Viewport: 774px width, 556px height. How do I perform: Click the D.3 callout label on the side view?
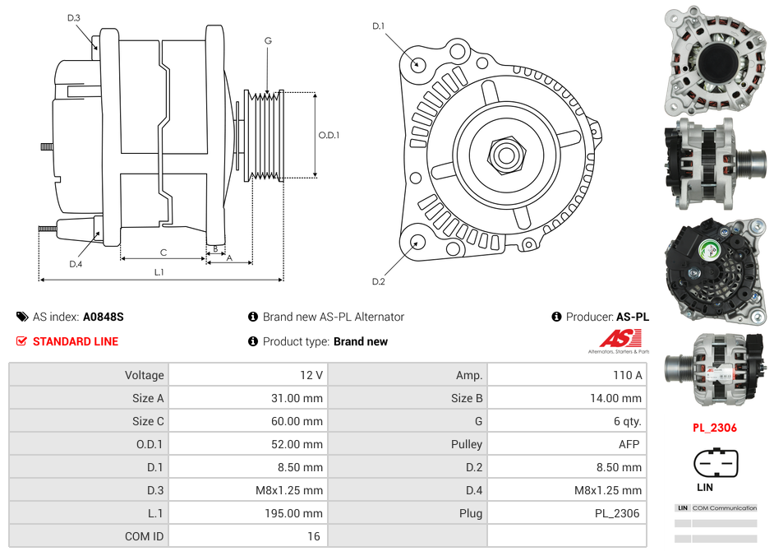[74, 18]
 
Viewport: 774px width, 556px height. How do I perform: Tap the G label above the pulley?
[268, 40]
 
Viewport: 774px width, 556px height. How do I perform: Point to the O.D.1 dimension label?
[329, 135]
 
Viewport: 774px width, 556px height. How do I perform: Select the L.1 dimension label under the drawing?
[159, 272]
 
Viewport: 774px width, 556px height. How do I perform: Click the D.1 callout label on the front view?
[378, 26]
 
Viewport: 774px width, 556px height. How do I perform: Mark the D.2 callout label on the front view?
[378, 282]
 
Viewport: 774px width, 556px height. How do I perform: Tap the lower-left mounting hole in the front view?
[418, 242]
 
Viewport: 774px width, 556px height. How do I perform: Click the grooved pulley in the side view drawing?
[265, 135]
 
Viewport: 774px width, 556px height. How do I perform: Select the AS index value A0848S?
[104, 317]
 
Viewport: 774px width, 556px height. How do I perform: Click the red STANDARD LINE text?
[76, 341]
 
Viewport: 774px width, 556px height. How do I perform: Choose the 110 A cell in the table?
[627, 375]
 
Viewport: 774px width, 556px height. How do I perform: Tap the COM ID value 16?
[313, 536]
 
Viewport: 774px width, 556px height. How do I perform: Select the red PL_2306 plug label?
[714, 428]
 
